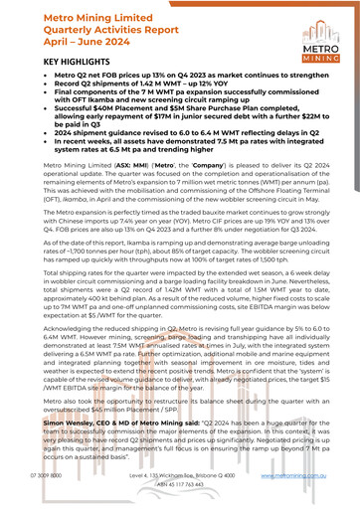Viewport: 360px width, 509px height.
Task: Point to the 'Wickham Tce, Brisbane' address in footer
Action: point(179,476)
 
